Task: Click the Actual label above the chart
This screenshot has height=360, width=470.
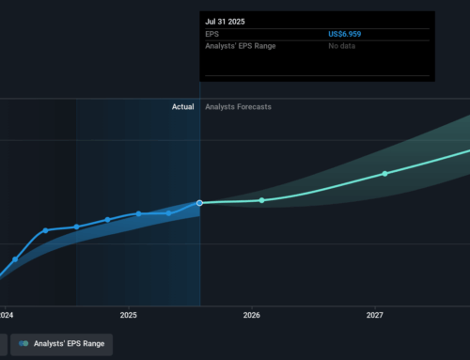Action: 182,107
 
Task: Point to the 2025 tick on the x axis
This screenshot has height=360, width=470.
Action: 128,316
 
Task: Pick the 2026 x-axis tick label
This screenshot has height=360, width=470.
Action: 251,316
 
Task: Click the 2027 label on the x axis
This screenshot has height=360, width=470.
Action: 374,316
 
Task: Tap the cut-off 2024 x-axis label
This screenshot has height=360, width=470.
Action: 6,316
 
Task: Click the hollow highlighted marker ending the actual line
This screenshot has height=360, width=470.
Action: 200,202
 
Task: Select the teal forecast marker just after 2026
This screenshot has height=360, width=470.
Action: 262,200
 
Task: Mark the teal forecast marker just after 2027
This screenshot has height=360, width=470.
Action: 384,174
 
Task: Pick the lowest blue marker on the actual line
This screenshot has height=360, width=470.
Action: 15,259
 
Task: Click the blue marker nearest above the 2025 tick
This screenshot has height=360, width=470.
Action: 138,213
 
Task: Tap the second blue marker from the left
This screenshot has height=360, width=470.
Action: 45,230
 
